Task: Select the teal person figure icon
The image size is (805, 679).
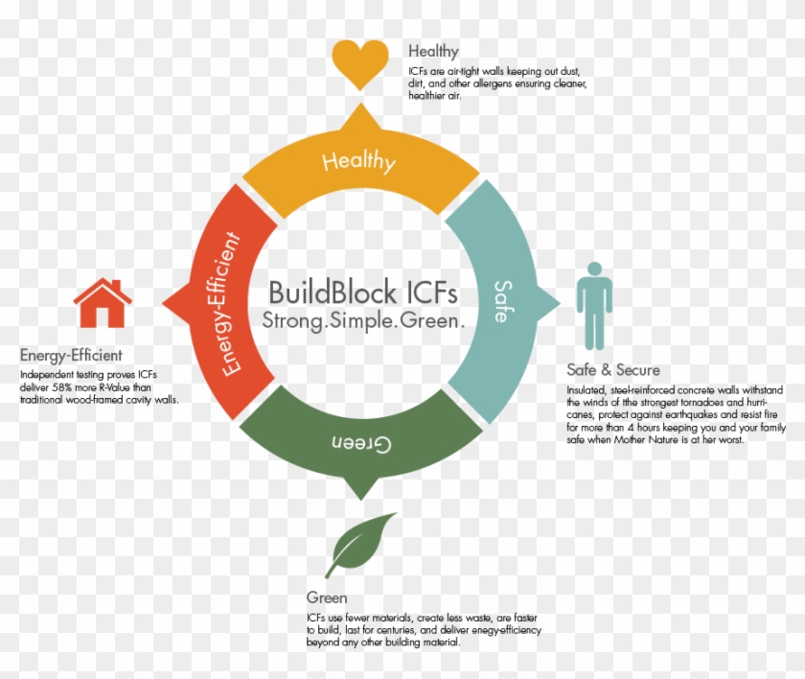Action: [x=594, y=306]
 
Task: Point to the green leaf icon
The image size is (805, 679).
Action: [x=360, y=545]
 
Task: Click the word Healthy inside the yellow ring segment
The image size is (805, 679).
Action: [x=359, y=161]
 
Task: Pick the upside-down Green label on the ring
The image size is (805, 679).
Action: [x=361, y=443]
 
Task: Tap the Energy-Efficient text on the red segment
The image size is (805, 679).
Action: [x=230, y=304]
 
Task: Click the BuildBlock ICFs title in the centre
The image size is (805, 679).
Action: [x=363, y=293]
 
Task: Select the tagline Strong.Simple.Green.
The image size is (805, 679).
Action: [x=363, y=320]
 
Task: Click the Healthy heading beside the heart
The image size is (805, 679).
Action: [x=433, y=51]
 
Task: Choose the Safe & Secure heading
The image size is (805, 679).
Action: [x=613, y=370]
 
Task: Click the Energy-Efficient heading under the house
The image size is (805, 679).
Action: [x=71, y=356]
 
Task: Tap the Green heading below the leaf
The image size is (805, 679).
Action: [x=327, y=597]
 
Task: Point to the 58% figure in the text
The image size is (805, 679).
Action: [x=62, y=387]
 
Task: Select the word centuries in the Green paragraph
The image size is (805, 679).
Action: [x=399, y=630]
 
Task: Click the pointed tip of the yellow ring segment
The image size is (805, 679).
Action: [x=361, y=104]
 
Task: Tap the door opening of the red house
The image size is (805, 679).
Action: [x=103, y=317]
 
